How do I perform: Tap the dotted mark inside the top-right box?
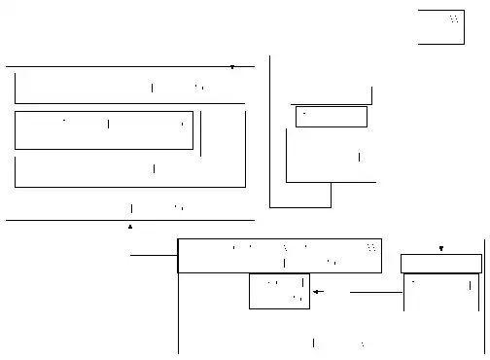(x=454, y=19)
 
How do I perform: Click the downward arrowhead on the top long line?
(x=232, y=67)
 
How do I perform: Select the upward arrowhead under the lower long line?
(x=130, y=226)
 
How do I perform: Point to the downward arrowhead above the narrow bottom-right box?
(x=441, y=249)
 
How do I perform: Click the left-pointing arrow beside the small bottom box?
(x=317, y=291)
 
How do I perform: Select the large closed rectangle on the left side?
(x=103, y=130)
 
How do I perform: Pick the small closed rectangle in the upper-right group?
(x=331, y=117)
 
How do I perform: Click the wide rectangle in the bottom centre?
(x=279, y=256)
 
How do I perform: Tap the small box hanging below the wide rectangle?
(x=279, y=291)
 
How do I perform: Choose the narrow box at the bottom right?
(x=441, y=264)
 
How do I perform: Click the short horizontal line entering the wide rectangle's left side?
(x=154, y=255)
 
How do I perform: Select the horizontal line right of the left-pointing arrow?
(x=368, y=291)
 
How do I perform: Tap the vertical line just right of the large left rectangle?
(x=200, y=134)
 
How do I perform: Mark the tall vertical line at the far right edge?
(x=484, y=292)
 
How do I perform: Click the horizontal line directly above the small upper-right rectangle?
(x=331, y=103)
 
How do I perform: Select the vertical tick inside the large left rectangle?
(x=108, y=124)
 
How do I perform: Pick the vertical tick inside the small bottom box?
(x=302, y=283)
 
